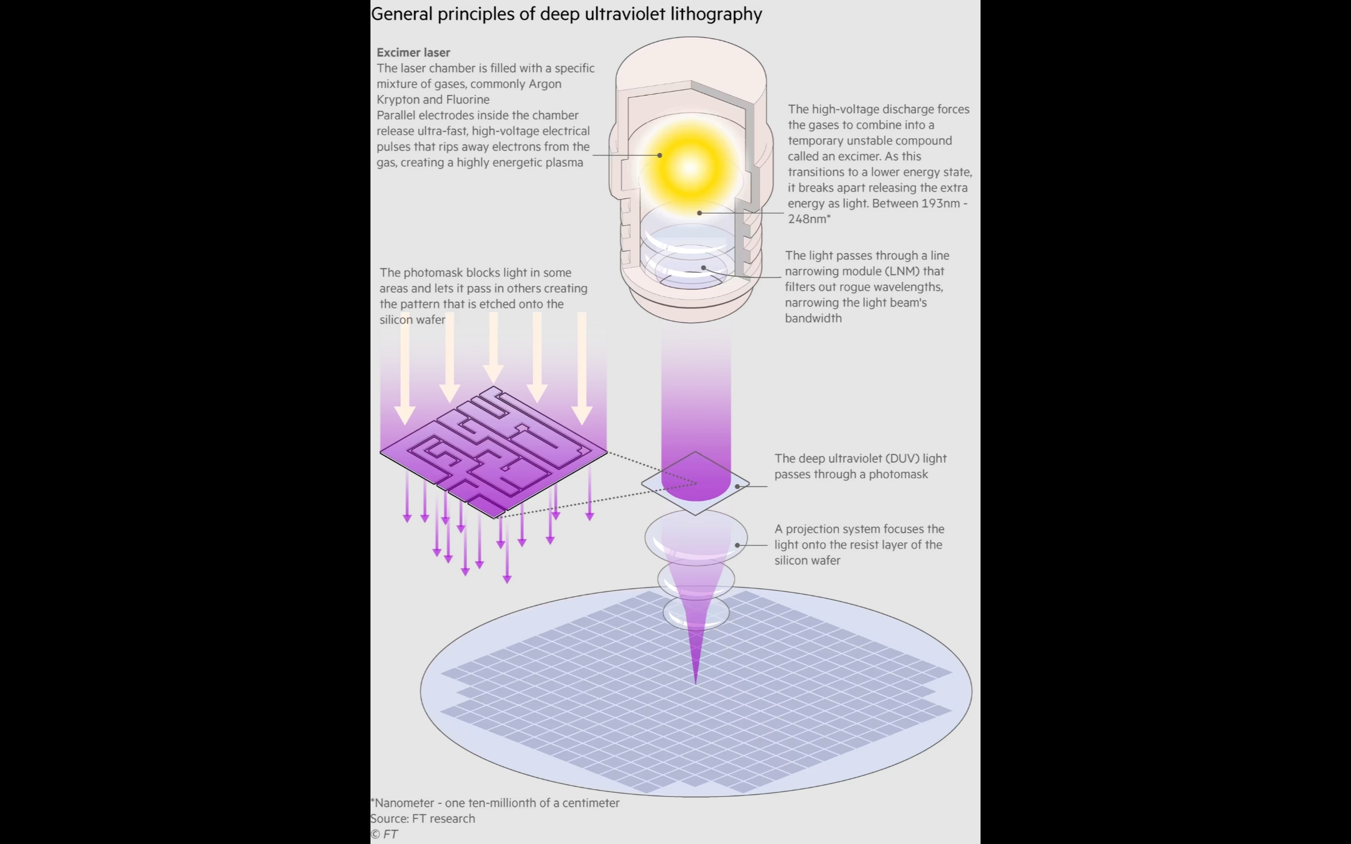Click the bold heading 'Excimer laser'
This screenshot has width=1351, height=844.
[413, 52]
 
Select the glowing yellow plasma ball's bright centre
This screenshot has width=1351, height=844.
[690, 166]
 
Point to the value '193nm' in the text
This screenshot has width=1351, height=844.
[939, 203]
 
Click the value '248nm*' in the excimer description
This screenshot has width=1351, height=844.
[809, 219]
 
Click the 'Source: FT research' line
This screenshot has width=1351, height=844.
[423, 818]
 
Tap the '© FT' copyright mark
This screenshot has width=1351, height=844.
[384, 834]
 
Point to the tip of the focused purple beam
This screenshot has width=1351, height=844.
[695, 683]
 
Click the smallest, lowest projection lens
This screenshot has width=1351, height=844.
[696, 613]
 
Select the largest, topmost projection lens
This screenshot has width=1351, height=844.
[696, 538]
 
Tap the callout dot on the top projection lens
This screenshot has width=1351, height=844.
[737, 545]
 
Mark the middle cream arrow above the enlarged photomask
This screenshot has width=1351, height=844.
[493, 348]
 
